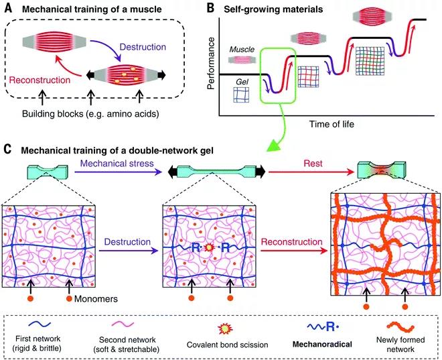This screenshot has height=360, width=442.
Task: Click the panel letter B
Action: click(210, 8)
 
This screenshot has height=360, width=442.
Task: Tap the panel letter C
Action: click(8, 149)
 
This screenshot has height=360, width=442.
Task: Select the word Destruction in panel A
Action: click(143, 46)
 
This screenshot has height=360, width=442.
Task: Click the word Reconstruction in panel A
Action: click(40, 80)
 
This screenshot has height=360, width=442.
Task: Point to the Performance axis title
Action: click(211, 63)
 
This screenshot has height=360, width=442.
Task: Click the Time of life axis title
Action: click(331, 124)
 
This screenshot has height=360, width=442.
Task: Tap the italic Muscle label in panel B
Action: click(242, 50)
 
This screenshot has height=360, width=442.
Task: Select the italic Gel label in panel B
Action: click(242, 82)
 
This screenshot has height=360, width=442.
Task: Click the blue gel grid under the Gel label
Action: click(241, 95)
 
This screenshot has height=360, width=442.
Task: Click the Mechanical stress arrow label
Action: click(117, 164)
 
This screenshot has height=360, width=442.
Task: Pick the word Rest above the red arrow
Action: click(313, 164)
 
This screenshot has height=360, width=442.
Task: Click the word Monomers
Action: click(96, 299)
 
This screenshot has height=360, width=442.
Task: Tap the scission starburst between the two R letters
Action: click(209, 248)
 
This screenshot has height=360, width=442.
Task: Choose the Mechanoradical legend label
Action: click(322, 344)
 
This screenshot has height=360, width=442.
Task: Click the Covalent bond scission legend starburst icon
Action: click(225, 328)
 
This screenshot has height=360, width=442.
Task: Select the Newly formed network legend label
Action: click(400, 344)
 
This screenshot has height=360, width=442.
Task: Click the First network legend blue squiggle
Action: click(38, 324)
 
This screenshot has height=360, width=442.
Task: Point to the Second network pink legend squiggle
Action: click(123, 324)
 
